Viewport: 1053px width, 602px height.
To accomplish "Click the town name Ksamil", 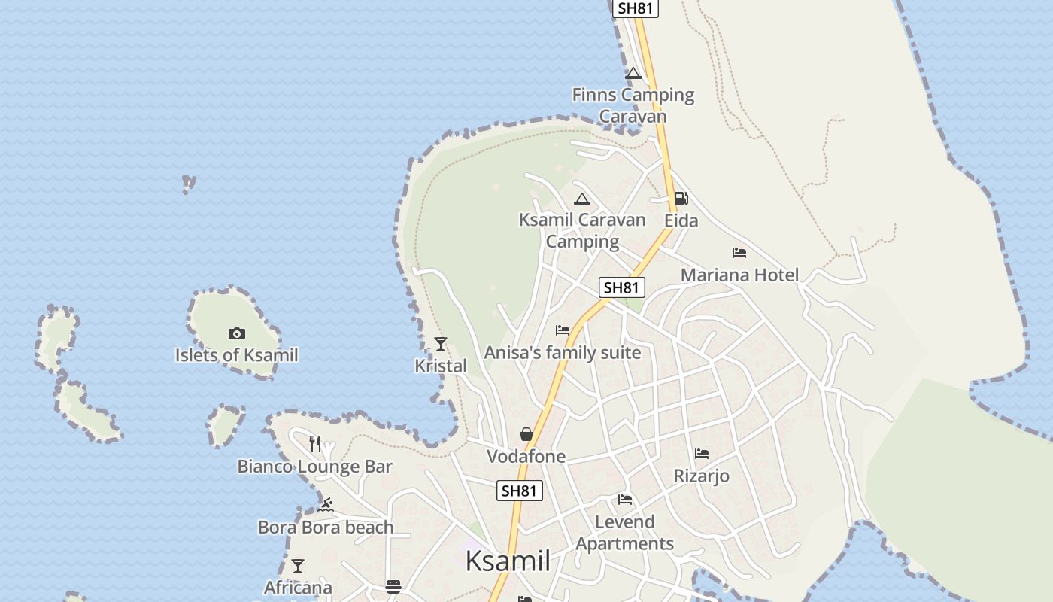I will (508, 561).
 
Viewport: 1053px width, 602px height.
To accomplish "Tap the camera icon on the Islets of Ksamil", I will (237, 333).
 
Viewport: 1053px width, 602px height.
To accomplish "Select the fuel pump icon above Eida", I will (681, 199).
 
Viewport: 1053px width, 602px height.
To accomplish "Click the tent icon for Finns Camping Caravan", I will (633, 74).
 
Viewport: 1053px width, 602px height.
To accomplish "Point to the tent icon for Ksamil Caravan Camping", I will (581, 199).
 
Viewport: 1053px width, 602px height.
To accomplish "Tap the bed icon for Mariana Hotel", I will (739, 254).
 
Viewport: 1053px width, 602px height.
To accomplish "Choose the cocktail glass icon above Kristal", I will (441, 344).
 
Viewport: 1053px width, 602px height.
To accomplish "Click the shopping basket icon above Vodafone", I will (526, 434).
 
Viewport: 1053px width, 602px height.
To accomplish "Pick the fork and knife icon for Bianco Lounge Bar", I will (315, 444).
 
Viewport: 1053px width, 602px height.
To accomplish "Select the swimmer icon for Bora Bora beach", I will (326, 505).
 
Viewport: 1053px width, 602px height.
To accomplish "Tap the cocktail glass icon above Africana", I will (298, 565).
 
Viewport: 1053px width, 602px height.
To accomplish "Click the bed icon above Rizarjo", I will (702, 454).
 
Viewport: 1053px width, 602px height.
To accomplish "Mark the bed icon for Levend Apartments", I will (625, 500).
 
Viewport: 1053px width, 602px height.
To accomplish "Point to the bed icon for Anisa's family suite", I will (563, 330).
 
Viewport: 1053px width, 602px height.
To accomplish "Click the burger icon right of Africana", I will (393, 587).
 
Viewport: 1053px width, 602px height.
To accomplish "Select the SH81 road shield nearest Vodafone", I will (520, 491).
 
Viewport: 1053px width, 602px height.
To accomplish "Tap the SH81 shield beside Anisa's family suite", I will (622, 287).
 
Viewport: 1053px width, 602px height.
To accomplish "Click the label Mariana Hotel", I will (739, 275).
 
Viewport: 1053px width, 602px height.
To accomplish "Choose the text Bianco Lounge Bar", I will (315, 467).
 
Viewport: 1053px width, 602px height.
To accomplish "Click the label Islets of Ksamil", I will (237, 355).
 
